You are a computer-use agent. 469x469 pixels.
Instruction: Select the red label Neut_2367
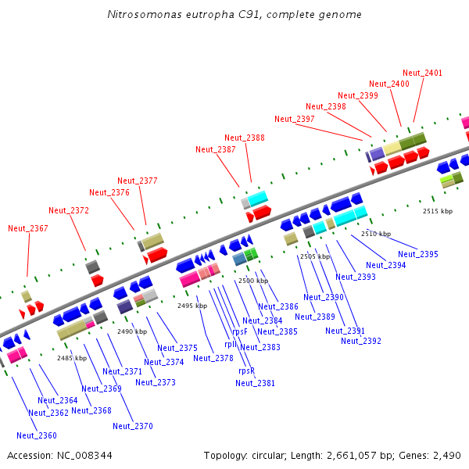[x=28, y=228]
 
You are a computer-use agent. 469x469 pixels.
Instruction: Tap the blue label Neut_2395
[x=418, y=254]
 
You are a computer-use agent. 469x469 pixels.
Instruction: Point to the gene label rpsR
[x=245, y=371]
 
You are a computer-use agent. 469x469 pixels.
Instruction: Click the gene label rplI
[x=231, y=343]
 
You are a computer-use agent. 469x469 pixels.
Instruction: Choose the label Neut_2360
[x=37, y=435]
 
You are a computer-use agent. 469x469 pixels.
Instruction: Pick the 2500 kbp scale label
[x=253, y=280]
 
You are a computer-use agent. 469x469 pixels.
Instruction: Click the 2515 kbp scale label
[x=438, y=211]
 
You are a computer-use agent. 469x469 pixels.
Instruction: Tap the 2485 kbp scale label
[x=72, y=357]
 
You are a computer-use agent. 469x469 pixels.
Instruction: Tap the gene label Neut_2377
[x=138, y=181]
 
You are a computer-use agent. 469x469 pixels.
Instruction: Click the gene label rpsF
[x=240, y=331]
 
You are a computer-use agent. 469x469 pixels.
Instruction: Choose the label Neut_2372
[x=69, y=210]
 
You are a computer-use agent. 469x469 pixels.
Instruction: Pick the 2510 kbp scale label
[x=376, y=234]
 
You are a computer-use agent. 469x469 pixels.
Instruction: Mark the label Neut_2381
[x=256, y=383]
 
